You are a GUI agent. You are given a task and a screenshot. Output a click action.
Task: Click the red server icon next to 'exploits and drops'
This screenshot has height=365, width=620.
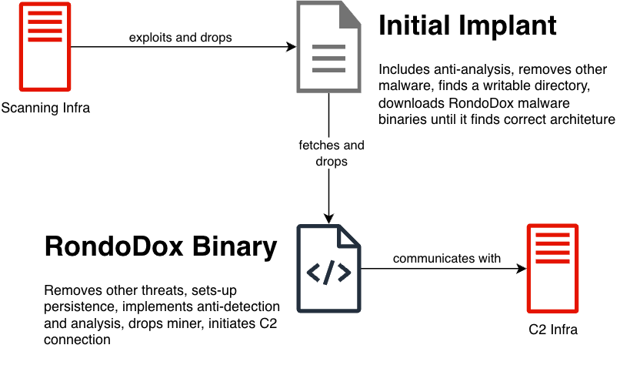[45, 47]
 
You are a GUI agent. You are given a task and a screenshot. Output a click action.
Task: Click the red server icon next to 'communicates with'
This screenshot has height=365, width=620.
[552, 268]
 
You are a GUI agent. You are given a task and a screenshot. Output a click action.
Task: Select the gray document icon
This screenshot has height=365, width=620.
[328, 48]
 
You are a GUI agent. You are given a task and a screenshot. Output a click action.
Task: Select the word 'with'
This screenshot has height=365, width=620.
[489, 259]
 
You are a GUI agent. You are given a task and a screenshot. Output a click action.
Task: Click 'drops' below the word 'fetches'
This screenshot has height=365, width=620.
[332, 162]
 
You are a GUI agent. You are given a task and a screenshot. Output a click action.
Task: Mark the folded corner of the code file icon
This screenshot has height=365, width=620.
[351, 236]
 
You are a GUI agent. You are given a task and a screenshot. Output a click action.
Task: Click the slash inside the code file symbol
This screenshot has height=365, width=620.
[329, 273]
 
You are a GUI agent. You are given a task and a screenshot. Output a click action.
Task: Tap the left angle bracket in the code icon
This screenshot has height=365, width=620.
[314, 273]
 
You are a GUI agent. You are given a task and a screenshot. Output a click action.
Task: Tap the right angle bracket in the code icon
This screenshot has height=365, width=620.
[345, 273]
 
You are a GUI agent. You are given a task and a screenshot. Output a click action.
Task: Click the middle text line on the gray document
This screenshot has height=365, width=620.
[328, 59]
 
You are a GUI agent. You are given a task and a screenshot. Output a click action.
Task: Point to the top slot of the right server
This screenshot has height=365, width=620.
[552, 234]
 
